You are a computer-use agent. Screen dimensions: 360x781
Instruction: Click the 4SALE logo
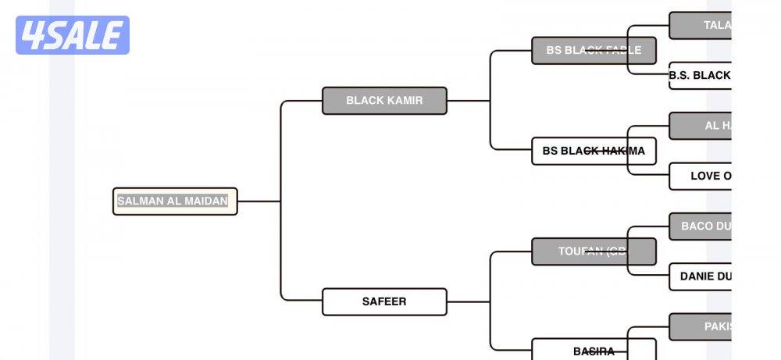click(x=73, y=35)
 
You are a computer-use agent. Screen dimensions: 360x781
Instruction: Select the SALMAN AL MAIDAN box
click(x=175, y=201)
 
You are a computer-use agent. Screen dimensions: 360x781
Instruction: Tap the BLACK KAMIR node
click(x=384, y=101)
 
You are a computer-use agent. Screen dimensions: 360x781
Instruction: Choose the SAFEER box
click(x=384, y=301)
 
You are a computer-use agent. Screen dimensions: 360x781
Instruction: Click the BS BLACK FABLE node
click(x=594, y=50)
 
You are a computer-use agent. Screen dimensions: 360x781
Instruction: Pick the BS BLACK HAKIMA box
click(x=594, y=151)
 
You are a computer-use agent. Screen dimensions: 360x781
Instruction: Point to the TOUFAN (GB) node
click(x=594, y=251)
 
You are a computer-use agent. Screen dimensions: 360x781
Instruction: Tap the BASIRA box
click(x=594, y=351)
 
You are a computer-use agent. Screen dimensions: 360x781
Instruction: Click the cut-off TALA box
click(x=700, y=25)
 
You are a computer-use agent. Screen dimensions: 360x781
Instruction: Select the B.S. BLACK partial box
click(x=700, y=76)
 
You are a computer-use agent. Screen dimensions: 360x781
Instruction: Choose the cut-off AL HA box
click(x=700, y=126)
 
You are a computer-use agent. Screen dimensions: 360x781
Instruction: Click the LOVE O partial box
click(x=700, y=176)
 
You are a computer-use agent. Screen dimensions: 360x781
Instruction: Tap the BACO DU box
click(x=700, y=226)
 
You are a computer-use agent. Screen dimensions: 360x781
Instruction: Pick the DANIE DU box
click(x=700, y=276)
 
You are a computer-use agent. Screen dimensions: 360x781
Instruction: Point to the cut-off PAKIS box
click(x=700, y=326)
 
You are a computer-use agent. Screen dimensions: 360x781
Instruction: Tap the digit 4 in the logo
click(x=33, y=35)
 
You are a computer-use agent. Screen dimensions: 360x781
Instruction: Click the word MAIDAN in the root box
click(x=207, y=201)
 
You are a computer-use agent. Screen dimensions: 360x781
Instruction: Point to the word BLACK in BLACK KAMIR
click(x=365, y=101)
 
